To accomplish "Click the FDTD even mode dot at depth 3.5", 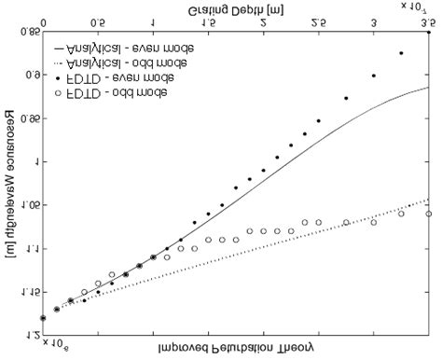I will (428, 33).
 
